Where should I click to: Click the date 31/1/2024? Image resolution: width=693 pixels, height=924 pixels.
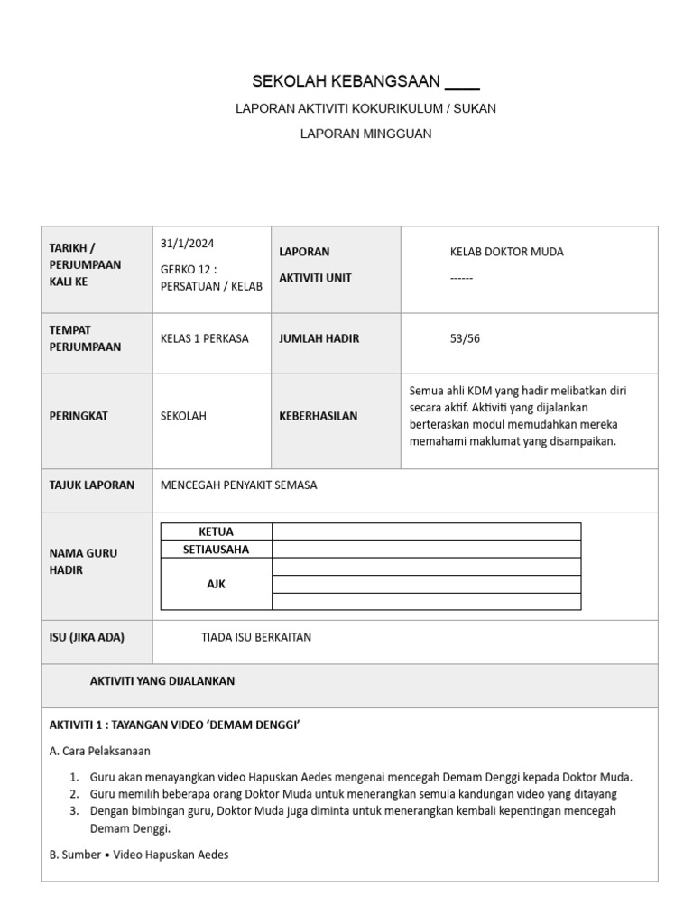pyautogui.click(x=187, y=244)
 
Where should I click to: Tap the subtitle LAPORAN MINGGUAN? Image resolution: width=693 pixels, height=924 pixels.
pyautogui.click(x=365, y=134)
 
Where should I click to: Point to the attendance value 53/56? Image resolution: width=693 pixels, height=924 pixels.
pyautogui.click(x=465, y=338)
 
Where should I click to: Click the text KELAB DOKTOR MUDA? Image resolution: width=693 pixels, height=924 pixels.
pyautogui.click(x=506, y=252)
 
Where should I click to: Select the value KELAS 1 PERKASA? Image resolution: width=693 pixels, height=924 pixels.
pyautogui.click(x=204, y=338)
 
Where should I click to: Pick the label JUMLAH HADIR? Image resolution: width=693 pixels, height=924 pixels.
pyautogui.click(x=319, y=338)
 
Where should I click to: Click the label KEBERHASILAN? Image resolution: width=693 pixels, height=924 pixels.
pyautogui.click(x=318, y=416)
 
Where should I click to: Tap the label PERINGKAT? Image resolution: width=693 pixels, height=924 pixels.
pyautogui.click(x=79, y=416)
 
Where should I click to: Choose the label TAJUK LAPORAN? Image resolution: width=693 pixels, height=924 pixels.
pyautogui.click(x=91, y=485)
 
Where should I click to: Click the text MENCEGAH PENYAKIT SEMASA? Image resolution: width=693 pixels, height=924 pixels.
pyautogui.click(x=238, y=485)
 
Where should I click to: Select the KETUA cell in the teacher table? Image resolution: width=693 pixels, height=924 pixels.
pyautogui.click(x=216, y=531)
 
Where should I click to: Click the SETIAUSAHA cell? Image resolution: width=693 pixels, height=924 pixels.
pyautogui.click(x=216, y=549)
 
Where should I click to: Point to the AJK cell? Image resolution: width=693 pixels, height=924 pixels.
pyautogui.click(x=216, y=584)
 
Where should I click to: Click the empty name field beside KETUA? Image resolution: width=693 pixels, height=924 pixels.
pyautogui.click(x=426, y=531)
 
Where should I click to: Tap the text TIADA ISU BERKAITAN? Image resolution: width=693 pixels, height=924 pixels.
pyautogui.click(x=255, y=637)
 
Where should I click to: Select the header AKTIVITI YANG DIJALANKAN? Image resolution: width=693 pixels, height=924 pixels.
pyautogui.click(x=162, y=681)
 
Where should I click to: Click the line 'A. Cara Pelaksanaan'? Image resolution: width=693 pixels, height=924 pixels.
pyautogui.click(x=99, y=751)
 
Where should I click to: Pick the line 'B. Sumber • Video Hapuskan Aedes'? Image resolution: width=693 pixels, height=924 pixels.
pyautogui.click(x=138, y=854)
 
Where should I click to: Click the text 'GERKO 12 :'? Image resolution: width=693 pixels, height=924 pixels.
pyautogui.click(x=189, y=269)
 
